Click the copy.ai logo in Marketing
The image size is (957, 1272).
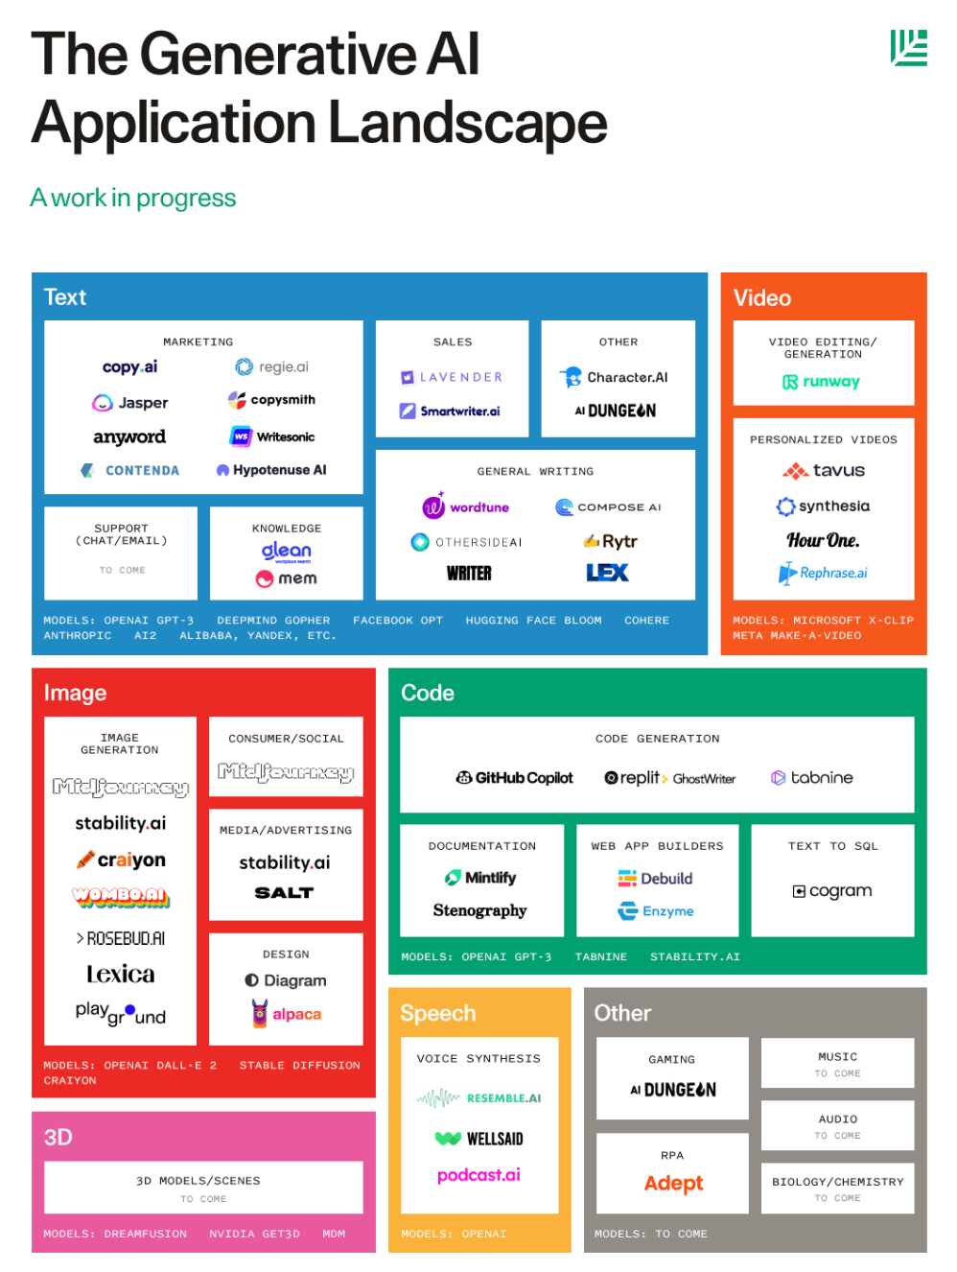(129, 367)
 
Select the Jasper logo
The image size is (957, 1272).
(130, 403)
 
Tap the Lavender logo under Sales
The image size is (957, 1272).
(452, 377)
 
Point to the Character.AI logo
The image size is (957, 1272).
(614, 377)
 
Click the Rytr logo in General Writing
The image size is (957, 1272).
(611, 541)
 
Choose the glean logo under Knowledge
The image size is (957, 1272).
(287, 552)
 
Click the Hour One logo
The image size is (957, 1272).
(823, 540)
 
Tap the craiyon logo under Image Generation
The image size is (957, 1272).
(121, 860)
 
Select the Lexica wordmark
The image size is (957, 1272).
(121, 975)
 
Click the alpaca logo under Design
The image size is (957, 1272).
(286, 1014)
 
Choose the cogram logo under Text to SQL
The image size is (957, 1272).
(832, 891)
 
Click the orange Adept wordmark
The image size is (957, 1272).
(673, 1184)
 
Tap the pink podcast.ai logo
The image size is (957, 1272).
(478, 1175)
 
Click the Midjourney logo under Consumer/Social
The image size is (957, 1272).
(286, 772)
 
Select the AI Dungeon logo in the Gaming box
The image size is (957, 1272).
(673, 1090)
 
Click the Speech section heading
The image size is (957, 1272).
(437, 1013)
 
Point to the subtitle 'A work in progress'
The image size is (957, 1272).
(133, 198)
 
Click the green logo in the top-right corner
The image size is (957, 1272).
(908, 47)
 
